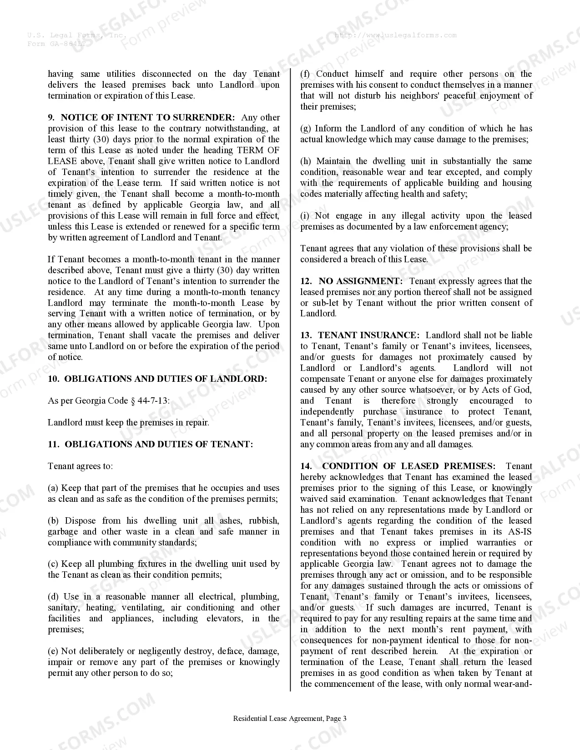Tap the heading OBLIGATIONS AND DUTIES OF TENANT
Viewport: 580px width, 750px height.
tap(159, 445)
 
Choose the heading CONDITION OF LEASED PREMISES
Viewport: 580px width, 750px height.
tap(409, 466)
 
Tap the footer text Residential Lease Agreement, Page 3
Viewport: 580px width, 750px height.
tap(290, 719)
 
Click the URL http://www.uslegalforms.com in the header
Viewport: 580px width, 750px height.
tap(395, 35)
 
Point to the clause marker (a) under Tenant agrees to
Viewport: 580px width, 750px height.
tap(53, 488)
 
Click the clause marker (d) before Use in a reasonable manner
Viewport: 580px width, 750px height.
tap(54, 597)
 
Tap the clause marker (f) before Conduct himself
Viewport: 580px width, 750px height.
tap(305, 74)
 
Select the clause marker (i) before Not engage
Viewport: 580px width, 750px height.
tap(305, 216)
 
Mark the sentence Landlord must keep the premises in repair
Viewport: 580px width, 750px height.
tap(128, 423)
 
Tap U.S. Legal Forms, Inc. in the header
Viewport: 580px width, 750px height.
tap(77, 35)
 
